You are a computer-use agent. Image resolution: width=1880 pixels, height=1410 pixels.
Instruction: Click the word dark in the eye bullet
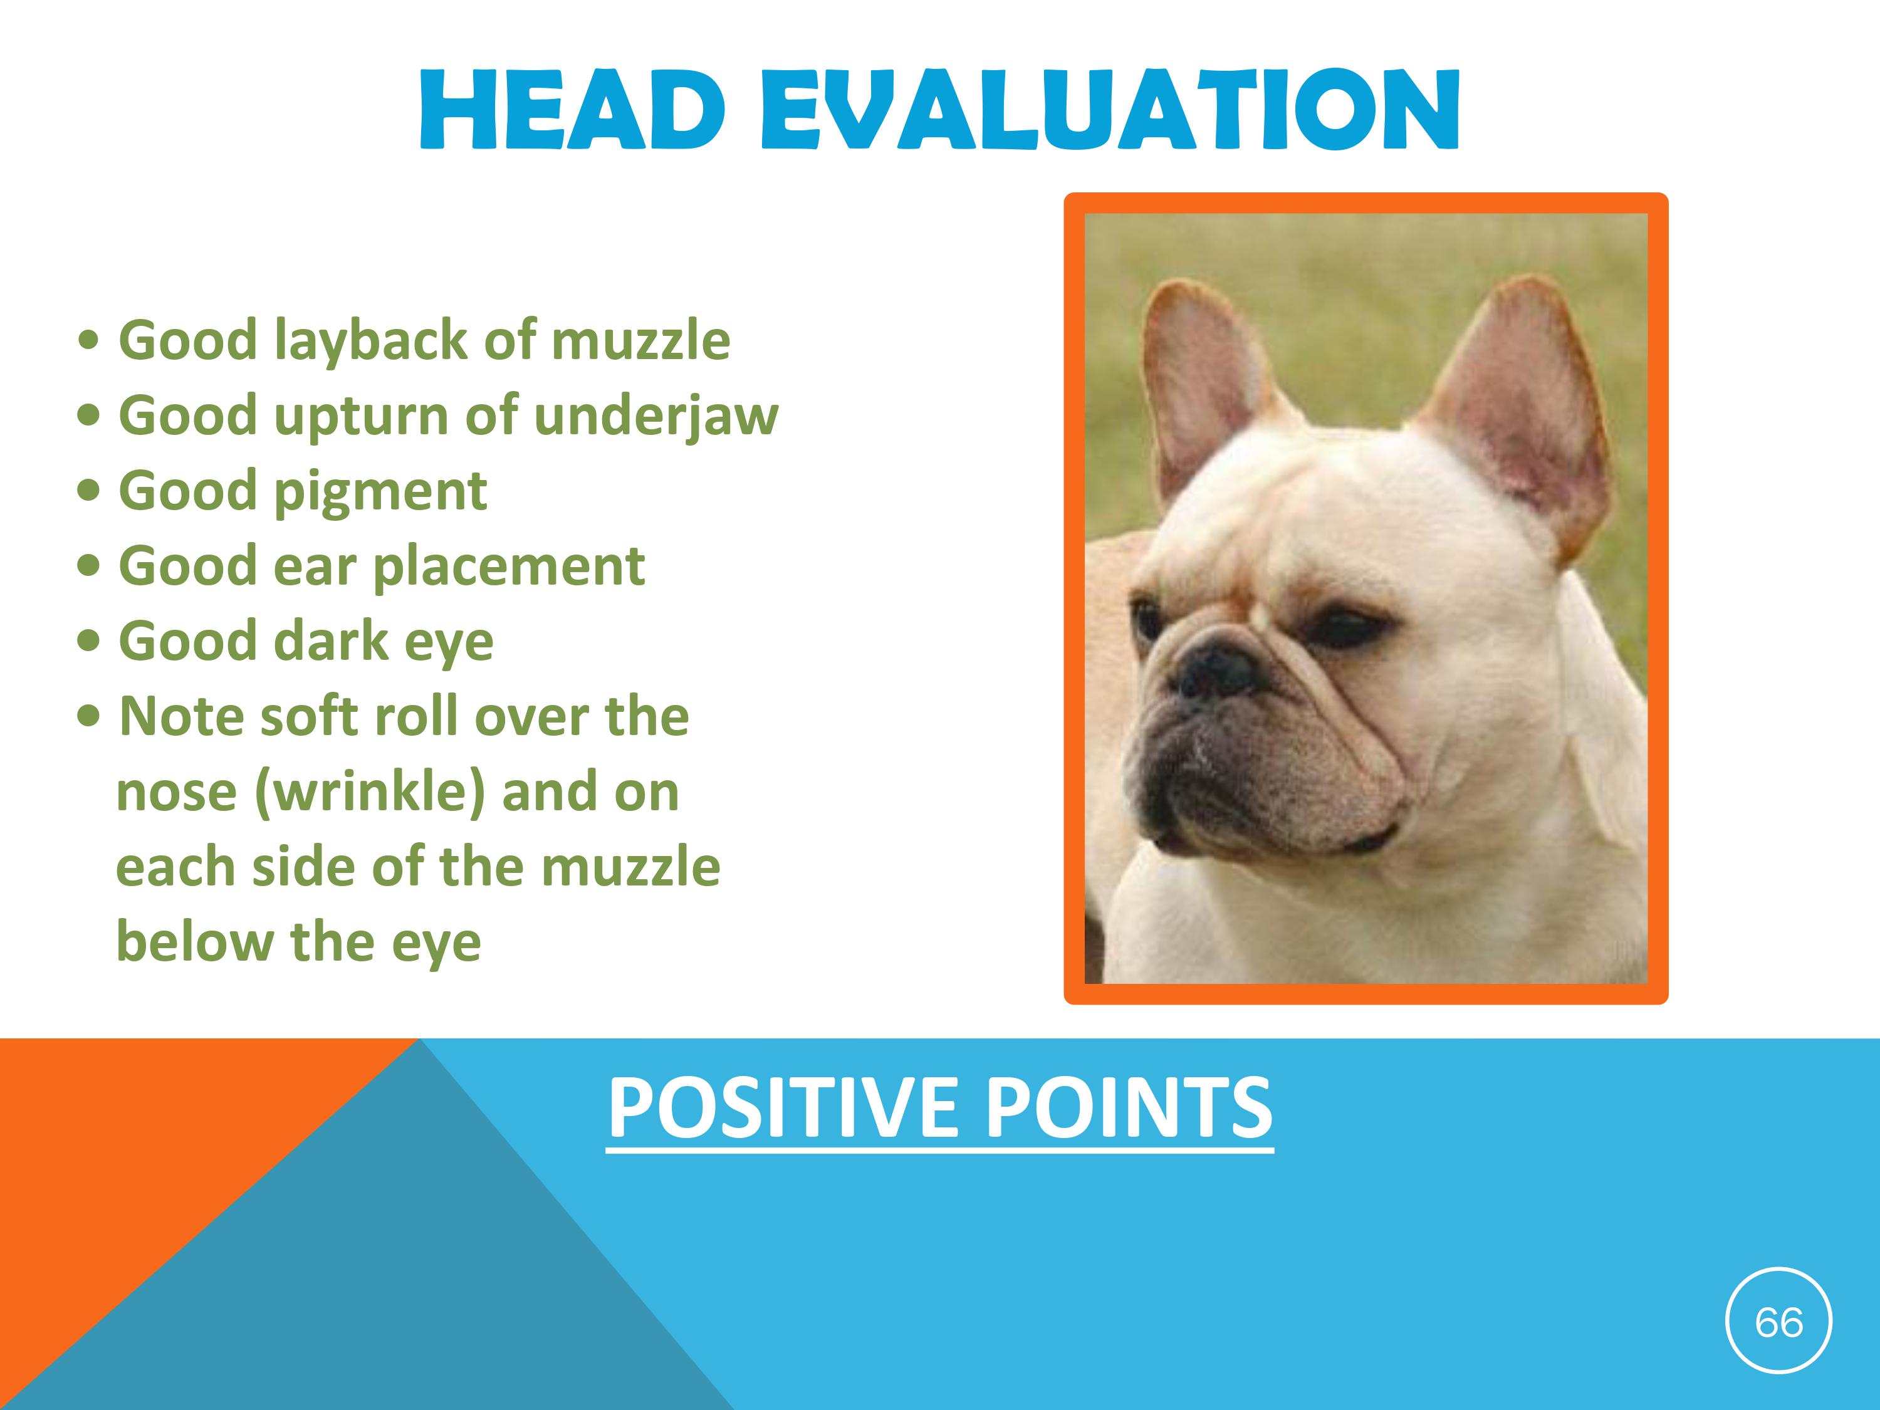331,642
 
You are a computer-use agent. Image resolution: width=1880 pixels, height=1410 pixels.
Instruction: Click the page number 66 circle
1779,1322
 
